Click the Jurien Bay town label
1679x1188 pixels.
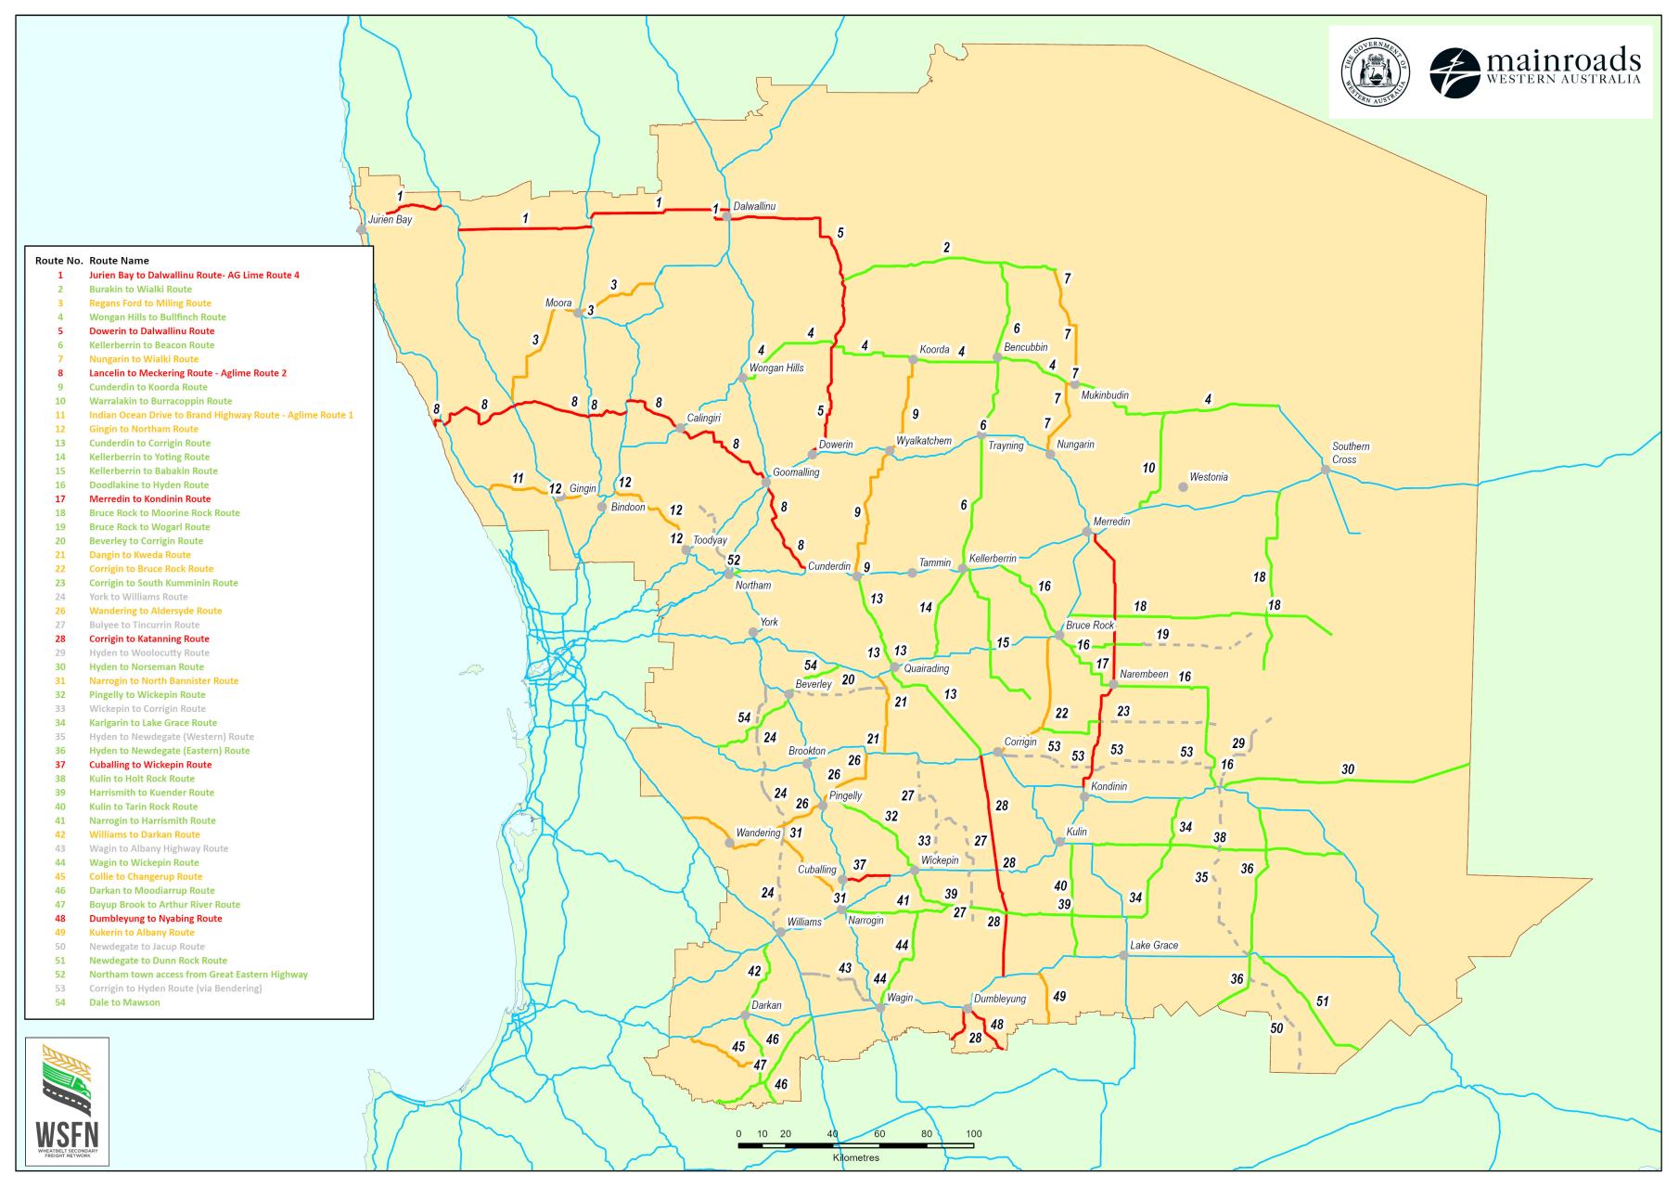coord(390,220)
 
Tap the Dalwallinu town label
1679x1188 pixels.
coord(754,206)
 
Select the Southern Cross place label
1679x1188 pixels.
coord(1350,453)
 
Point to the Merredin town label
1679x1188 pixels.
coord(1111,522)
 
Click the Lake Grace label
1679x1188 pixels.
coord(1153,945)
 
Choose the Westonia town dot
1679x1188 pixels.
coord(1183,486)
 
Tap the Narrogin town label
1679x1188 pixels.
coord(865,921)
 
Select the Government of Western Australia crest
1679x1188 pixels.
coord(1375,72)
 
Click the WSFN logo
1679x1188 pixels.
coord(67,1101)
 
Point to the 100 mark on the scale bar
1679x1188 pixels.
coord(973,1134)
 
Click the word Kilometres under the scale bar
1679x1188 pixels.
coord(855,1157)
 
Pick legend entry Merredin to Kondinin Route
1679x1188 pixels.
coord(149,498)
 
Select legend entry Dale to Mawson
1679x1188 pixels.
coord(124,1002)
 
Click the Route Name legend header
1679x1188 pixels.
coord(119,261)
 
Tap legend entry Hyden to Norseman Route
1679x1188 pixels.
coord(146,666)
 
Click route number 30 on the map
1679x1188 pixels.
coord(1347,769)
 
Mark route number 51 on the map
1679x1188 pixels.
coord(1322,1001)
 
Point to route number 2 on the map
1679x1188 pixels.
coord(946,248)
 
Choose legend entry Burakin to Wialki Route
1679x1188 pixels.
coord(140,289)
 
